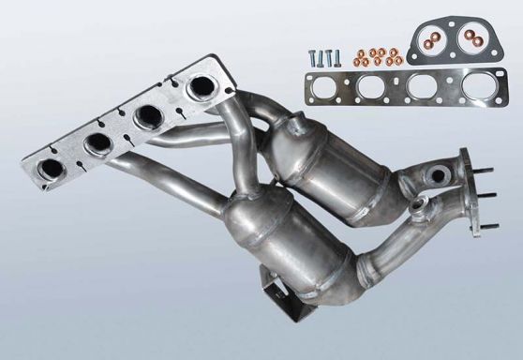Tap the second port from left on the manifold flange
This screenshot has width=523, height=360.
[98, 143]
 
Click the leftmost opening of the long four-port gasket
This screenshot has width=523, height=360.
[331, 93]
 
